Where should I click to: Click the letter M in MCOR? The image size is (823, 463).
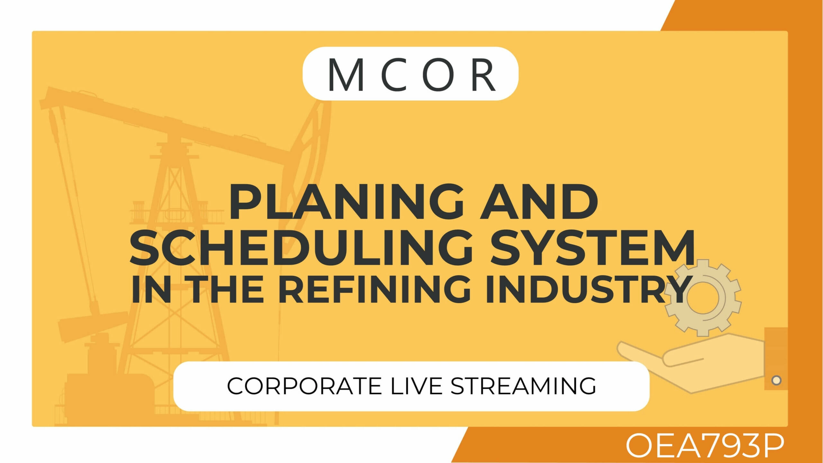[x=346, y=75]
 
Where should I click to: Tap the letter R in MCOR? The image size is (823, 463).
[x=483, y=75]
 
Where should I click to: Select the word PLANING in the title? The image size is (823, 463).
[x=347, y=202]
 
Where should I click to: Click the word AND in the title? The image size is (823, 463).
[x=539, y=202]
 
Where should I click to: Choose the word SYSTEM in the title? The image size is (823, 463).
[x=592, y=247]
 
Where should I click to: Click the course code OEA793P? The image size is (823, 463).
[x=705, y=446]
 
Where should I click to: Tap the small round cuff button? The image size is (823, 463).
[x=776, y=380]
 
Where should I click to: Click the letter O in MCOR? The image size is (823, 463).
[x=438, y=75]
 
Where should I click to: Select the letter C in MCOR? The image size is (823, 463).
[x=394, y=75]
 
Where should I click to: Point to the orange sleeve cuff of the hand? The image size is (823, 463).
[x=776, y=359]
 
